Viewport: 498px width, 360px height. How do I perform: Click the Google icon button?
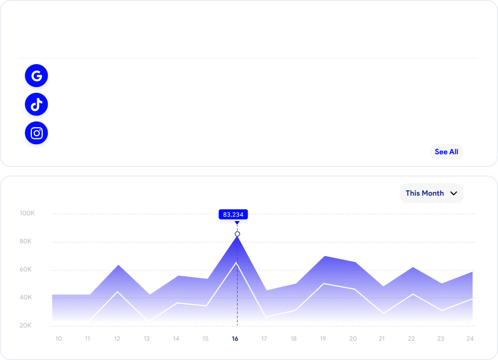[x=37, y=76]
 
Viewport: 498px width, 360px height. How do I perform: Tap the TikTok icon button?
[x=37, y=104]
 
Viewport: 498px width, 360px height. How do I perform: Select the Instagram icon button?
[x=37, y=133]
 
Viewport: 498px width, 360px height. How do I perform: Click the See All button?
[x=446, y=152]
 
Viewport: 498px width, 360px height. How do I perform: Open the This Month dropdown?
[x=431, y=194]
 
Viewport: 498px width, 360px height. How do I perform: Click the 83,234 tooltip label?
[x=233, y=215]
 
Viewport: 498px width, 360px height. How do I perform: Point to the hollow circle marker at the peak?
[x=237, y=234]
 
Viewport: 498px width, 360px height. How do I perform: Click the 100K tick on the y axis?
[x=27, y=213]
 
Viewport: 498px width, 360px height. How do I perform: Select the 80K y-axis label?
[x=25, y=241]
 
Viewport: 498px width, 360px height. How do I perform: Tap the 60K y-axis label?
[x=25, y=269]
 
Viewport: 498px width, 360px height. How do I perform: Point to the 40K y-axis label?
[x=25, y=297]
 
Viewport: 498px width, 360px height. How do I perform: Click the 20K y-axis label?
[x=25, y=326]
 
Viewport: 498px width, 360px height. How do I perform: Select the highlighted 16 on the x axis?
[x=235, y=339]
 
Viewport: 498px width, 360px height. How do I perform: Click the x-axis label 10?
[x=58, y=339]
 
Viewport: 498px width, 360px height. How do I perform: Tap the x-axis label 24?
[x=469, y=339]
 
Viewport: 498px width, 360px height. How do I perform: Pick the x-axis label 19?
[x=323, y=339]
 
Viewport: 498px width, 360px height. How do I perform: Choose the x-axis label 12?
[x=117, y=339]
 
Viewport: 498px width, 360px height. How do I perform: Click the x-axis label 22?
[x=411, y=339]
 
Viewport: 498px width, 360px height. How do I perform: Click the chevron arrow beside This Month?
[x=453, y=194]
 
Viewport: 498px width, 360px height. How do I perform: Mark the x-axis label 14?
[x=176, y=339]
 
